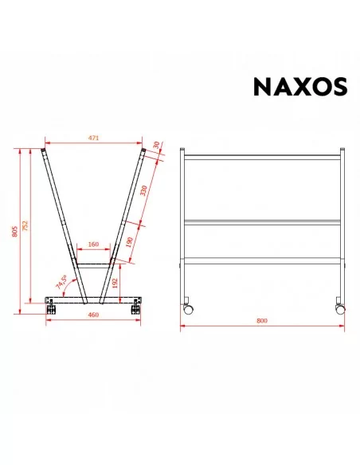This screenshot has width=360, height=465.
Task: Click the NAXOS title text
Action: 300,87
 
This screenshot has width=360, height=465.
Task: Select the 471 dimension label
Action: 93,138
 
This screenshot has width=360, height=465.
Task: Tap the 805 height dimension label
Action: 15,232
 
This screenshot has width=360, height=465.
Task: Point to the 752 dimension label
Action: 25,225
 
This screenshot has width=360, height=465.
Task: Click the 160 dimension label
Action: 93,244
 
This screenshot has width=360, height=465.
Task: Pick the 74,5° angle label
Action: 61,282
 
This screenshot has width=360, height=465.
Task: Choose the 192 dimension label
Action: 115,283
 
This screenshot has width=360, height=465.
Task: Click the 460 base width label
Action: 93,315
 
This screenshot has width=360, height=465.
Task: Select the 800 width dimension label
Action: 262,321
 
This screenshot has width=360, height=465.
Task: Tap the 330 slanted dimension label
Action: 143,190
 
